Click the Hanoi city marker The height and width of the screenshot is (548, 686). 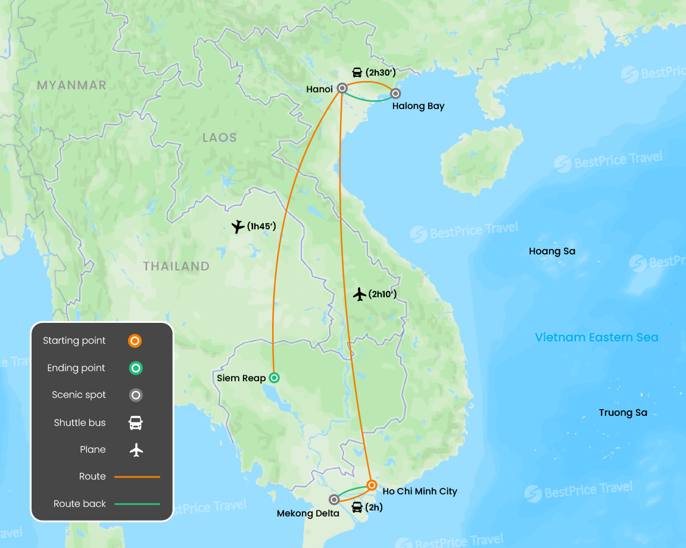pyautogui.click(x=342, y=88)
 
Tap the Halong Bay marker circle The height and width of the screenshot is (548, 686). pyautogui.click(x=395, y=94)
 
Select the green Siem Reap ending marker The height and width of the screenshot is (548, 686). pyautogui.click(x=274, y=377)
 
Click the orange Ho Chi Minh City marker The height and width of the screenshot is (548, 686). pyautogui.click(x=372, y=485)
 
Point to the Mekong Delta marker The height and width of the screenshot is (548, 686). pyautogui.click(x=334, y=499)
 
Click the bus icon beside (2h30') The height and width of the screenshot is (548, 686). pyautogui.click(x=357, y=73)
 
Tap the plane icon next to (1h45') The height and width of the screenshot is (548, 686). pyautogui.click(x=238, y=226)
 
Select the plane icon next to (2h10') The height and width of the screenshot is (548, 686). pyautogui.click(x=359, y=294)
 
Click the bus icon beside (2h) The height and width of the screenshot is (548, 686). pyautogui.click(x=357, y=507)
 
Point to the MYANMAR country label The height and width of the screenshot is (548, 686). pyautogui.click(x=71, y=85)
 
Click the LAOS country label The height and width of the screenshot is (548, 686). pyautogui.click(x=220, y=138)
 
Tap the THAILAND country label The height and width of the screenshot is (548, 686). pyautogui.click(x=176, y=266)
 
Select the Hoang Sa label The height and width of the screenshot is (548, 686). pyautogui.click(x=552, y=251)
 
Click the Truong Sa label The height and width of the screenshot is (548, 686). pyautogui.click(x=623, y=413)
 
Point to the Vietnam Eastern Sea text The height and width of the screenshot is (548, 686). pyautogui.click(x=597, y=337)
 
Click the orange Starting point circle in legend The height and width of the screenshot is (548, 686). pyautogui.click(x=136, y=341)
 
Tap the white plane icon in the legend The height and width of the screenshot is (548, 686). pyautogui.click(x=136, y=450)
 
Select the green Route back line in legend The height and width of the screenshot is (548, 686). pyautogui.click(x=137, y=504)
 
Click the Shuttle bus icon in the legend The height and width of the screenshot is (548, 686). pyautogui.click(x=136, y=423)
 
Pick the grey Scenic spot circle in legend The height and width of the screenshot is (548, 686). pyautogui.click(x=136, y=396)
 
